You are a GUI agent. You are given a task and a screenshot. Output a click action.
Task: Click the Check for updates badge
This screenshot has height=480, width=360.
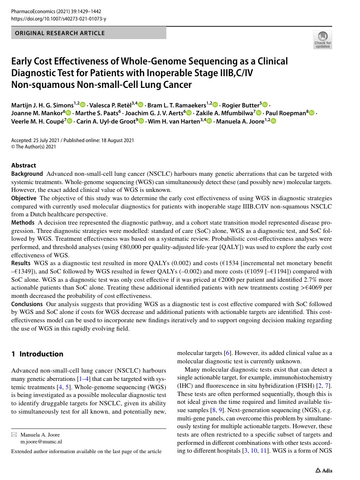pos(322,40)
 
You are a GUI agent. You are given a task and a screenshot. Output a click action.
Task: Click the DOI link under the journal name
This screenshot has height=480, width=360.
pos(59,19)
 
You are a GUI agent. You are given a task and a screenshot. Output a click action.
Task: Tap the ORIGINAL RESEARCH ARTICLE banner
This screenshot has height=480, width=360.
pos(60,33)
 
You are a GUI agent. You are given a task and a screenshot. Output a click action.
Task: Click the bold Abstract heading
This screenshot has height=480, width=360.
pos(23,166)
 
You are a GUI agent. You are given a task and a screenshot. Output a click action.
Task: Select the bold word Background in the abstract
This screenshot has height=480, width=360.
pos(27,174)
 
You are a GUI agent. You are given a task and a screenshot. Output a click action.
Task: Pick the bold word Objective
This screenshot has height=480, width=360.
pos(24,198)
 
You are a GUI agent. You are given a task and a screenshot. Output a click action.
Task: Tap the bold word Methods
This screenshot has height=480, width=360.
pos(22,222)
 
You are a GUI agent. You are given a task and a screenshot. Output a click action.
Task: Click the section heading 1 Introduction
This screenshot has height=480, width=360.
pos(37,354)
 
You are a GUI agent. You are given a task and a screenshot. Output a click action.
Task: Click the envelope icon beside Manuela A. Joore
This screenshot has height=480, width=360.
pos(14,434)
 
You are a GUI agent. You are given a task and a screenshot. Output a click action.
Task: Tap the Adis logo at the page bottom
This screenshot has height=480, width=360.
pos(324,470)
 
